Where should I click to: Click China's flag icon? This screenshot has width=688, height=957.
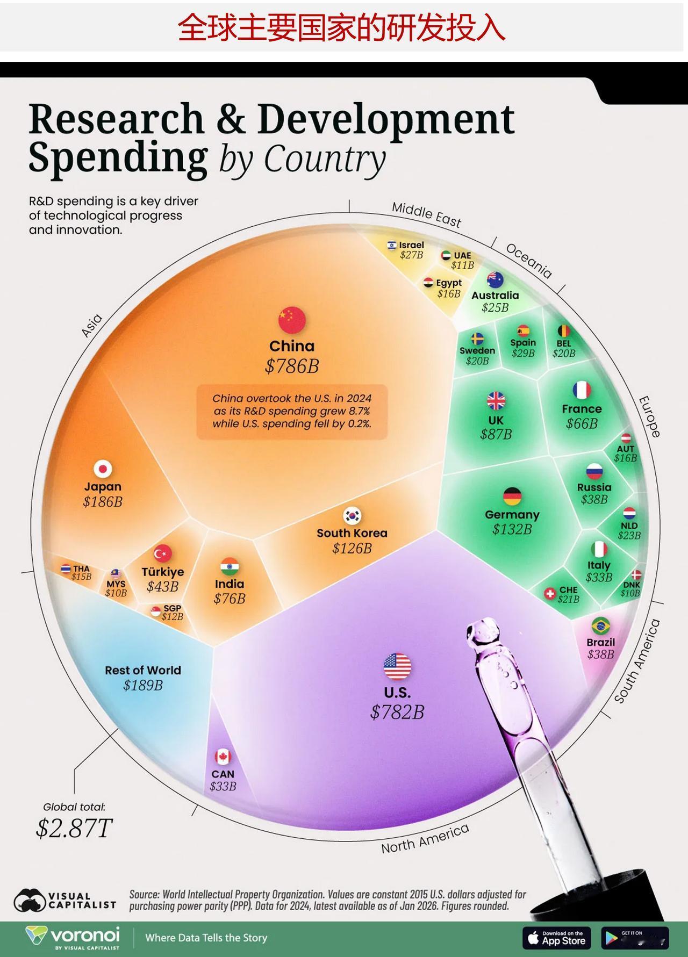click(292, 320)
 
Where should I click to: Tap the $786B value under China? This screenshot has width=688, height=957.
click(292, 366)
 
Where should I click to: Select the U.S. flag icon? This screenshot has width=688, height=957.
click(397, 667)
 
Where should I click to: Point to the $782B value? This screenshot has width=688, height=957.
click(397, 713)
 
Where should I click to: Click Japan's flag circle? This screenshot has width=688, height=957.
click(103, 469)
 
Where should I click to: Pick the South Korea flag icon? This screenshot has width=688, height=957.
click(352, 516)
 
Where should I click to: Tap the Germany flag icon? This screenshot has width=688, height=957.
click(512, 497)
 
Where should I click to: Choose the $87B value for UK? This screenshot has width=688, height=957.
click(496, 434)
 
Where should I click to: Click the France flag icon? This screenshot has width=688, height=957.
click(582, 390)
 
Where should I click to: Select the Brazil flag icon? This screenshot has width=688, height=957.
click(600, 625)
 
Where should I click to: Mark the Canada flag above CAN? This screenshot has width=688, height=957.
click(223, 757)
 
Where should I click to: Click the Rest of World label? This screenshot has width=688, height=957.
click(143, 670)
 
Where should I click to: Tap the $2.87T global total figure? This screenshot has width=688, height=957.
click(74, 828)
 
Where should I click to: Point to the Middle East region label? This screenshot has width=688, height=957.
click(426, 214)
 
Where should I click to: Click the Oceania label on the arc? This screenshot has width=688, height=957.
click(529, 261)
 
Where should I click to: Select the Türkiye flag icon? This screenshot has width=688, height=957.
click(162, 553)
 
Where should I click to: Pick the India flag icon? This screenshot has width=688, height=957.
click(230, 566)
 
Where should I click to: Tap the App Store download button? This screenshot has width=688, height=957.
click(556, 938)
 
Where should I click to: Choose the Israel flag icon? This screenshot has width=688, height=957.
click(392, 246)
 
